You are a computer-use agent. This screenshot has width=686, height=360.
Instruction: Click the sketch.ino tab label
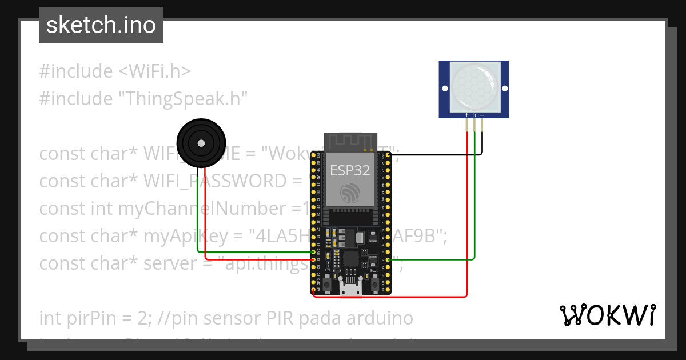[x=101, y=25]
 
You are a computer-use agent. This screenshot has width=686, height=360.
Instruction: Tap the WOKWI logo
[x=607, y=315]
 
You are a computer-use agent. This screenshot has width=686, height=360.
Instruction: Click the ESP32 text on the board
[x=350, y=170]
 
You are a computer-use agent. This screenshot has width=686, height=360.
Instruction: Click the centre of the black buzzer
[x=201, y=143]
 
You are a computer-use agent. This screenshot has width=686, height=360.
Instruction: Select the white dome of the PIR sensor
[x=474, y=87]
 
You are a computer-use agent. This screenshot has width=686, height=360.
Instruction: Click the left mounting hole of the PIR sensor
[x=445, y=88]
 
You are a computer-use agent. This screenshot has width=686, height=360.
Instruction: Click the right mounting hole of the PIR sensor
[x=504, y=88]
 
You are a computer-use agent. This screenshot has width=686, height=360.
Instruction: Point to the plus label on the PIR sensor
[x=467, y=115]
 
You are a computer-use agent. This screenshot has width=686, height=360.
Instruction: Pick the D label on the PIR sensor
[x=474, y=115]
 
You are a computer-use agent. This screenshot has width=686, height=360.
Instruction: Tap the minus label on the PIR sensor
[x=482, y=115]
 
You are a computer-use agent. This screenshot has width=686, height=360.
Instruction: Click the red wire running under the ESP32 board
[x=400, y=297]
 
